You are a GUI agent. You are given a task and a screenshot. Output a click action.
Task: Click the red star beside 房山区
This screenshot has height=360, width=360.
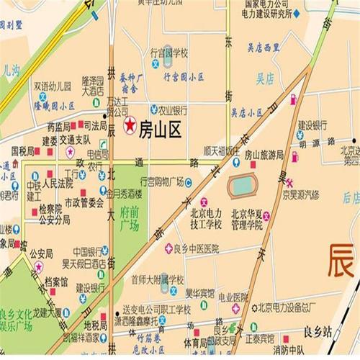click(x=130, y=125)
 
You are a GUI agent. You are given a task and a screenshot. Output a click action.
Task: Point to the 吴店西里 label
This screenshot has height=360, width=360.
click(x=264, y=48)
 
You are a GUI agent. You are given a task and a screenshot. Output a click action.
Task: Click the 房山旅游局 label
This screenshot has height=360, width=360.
click(x=264, y=155)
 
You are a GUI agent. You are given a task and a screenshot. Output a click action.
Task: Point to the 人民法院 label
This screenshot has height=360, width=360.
click(x=58, y=183)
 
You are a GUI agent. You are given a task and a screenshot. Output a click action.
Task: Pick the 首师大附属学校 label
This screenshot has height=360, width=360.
click(x=158, y=278)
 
